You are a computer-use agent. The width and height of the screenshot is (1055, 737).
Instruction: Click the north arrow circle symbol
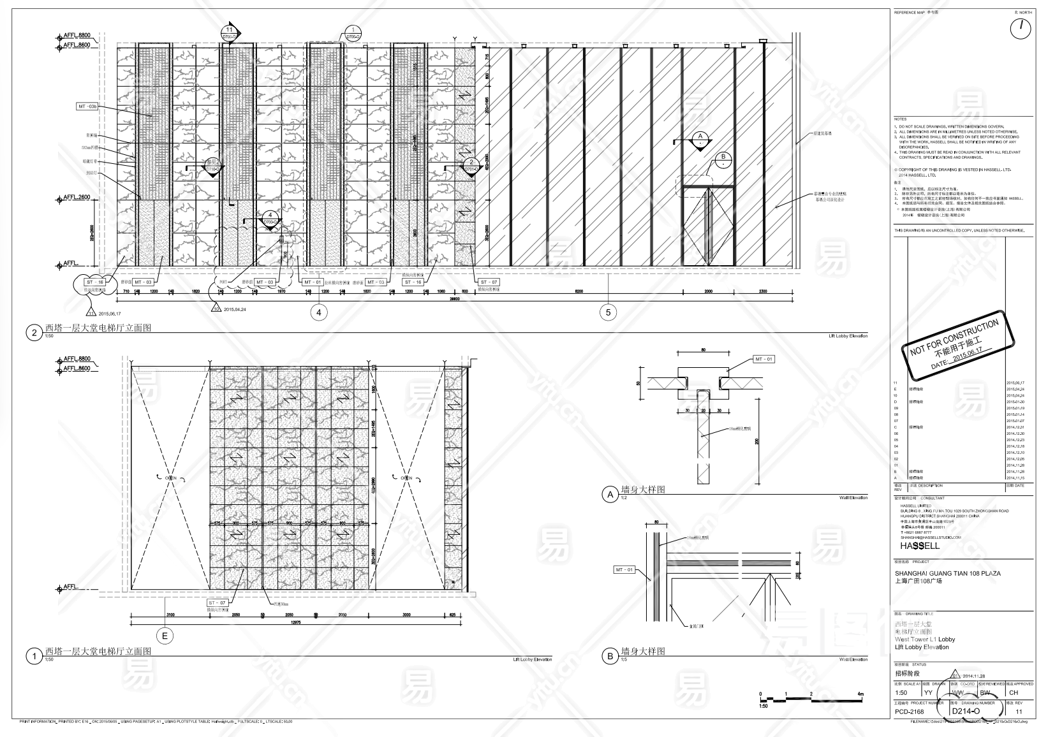[x=1021, y=29]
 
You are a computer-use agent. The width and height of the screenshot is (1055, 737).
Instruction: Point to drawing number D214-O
[x=965, y=711]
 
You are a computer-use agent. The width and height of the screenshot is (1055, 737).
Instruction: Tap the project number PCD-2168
[x=909, y=711]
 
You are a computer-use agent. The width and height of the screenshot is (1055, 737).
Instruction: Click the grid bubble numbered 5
[x=608, y=312]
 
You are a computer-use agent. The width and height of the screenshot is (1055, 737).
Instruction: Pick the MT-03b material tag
[x=88, y=106]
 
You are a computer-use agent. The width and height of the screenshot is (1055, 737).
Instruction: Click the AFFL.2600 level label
[x=77, y=198]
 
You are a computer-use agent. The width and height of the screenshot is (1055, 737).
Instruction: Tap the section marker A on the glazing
[x=700, y=138]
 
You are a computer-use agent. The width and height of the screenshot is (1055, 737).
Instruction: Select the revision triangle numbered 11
[x=91, y=312]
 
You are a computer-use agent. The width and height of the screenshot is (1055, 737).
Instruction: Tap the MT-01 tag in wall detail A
[x=764, y=359]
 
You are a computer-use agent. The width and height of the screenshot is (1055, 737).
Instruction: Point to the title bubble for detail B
[x=609, y=656]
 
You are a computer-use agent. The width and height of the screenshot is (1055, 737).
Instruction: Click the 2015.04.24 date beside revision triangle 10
[x=235, y=309]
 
